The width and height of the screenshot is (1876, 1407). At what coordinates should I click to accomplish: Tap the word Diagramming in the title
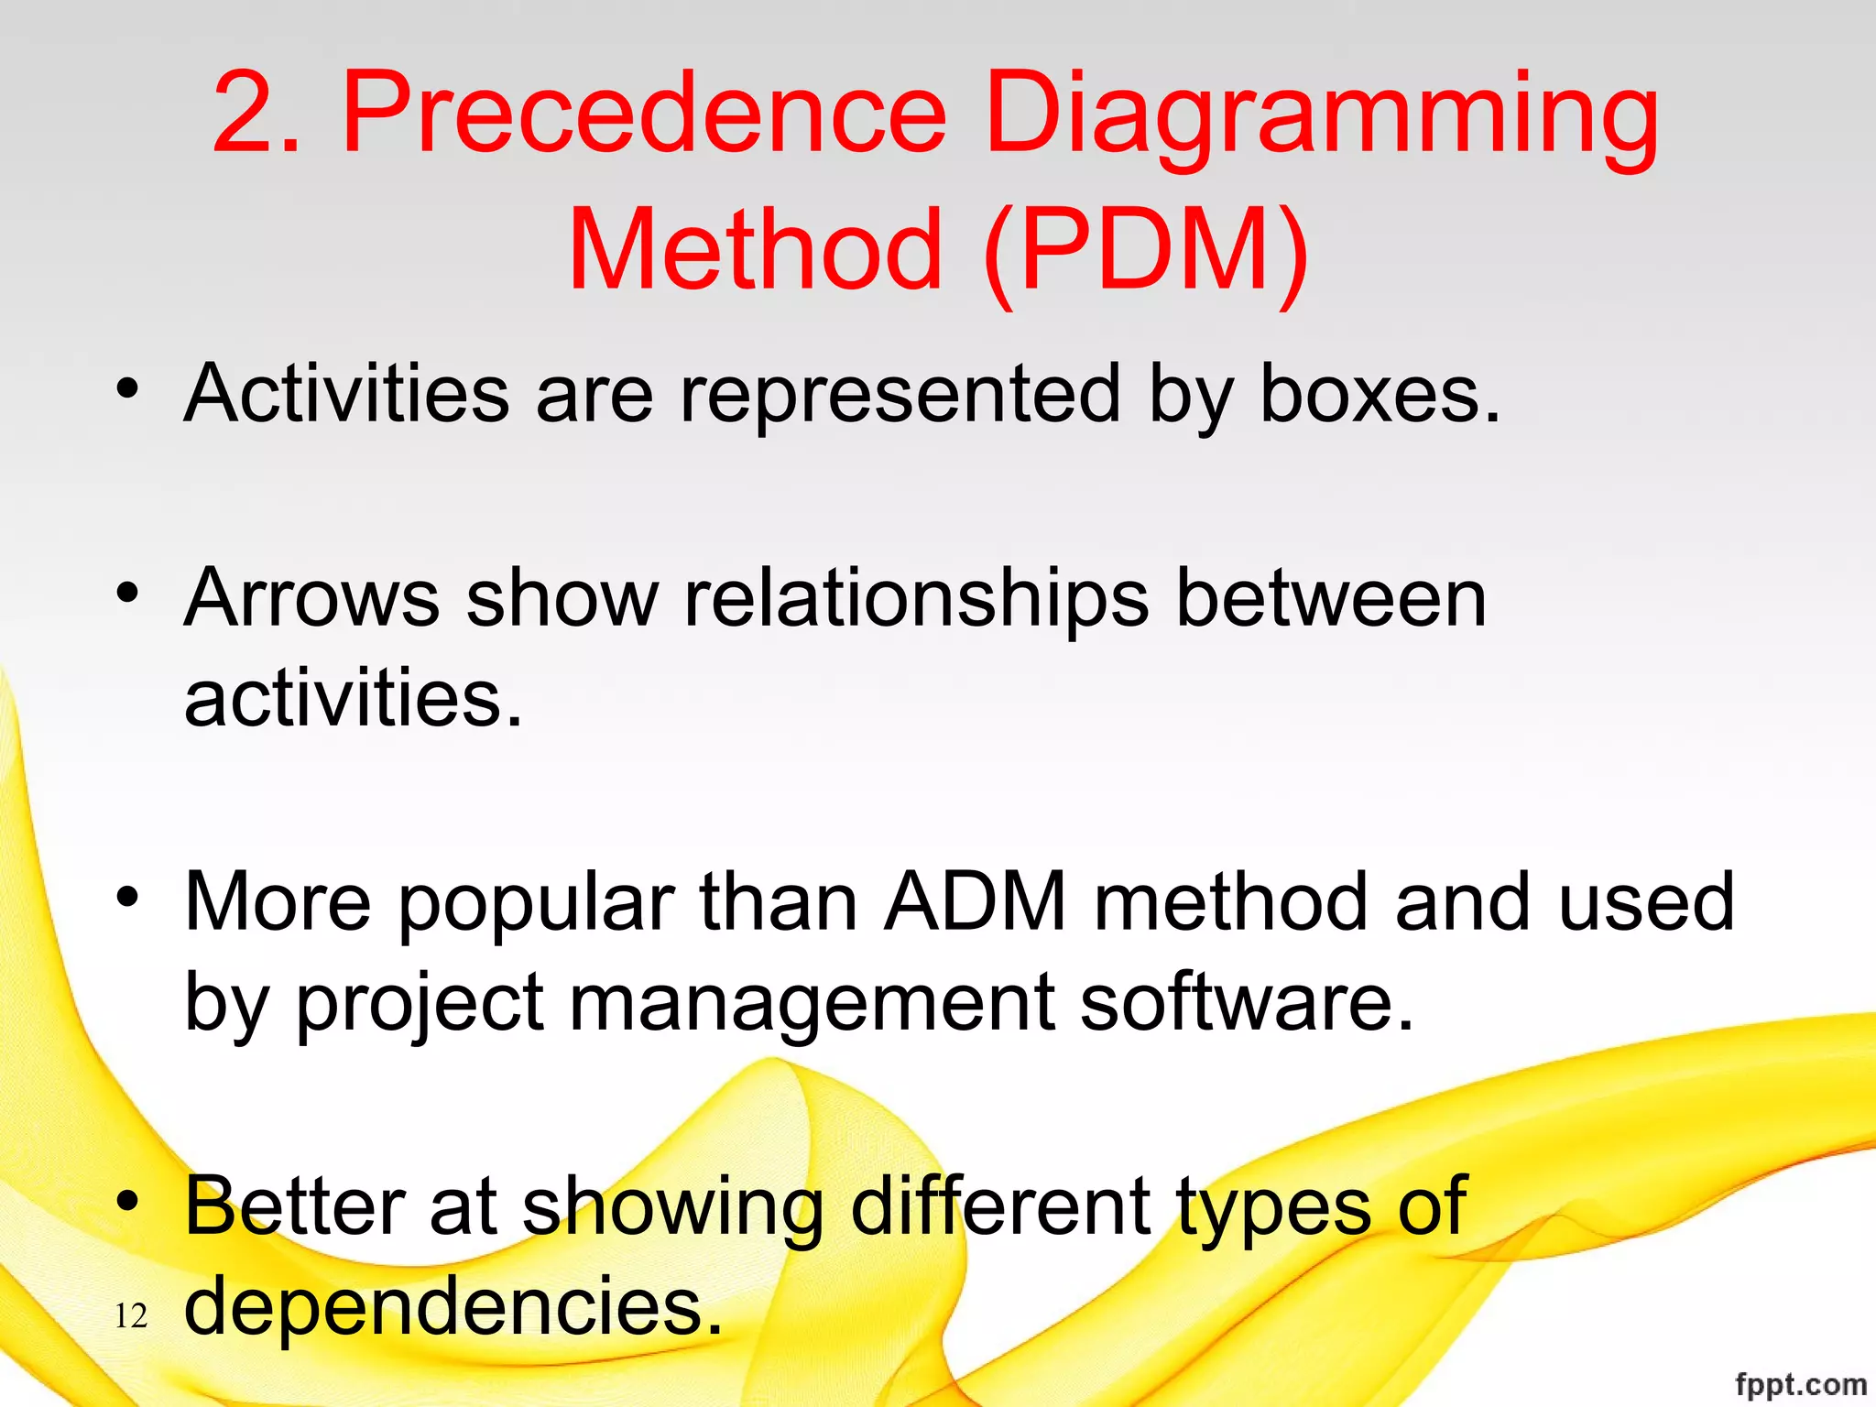click(1320, 117)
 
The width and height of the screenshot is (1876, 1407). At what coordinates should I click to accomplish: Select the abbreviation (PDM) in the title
click(1145, 250)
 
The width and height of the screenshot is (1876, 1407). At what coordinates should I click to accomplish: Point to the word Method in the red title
click(756, 250)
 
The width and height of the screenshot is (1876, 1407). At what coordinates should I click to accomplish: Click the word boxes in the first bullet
click(1380, 394)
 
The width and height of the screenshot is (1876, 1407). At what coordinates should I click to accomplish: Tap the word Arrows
click(311, 598)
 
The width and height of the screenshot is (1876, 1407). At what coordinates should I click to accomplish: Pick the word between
click(1330, 598)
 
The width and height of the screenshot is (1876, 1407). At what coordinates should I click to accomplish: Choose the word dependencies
click(453, 1307)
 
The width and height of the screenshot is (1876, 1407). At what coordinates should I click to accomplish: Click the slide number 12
click(131, 1316)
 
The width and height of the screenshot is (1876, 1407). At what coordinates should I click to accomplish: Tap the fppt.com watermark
click(1800, 1384)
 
